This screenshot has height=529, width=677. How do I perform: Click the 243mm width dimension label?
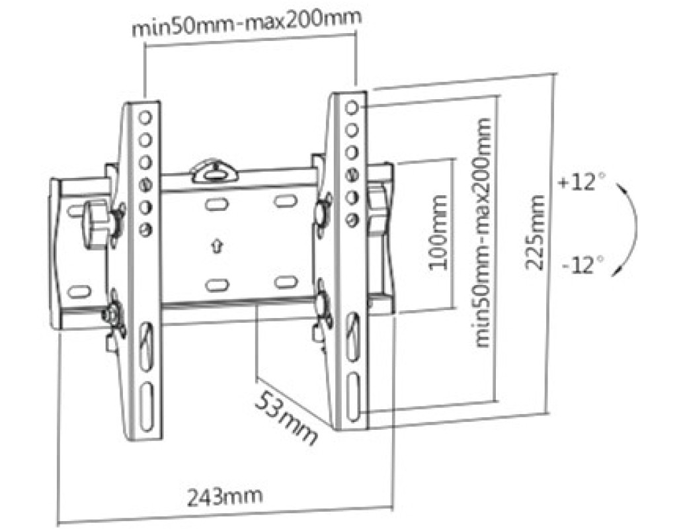pos(225,497)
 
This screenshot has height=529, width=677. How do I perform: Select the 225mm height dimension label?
pos(534,232)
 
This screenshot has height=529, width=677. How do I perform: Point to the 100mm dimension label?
pos(439,232)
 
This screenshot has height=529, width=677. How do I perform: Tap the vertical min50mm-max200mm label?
pos(483,232)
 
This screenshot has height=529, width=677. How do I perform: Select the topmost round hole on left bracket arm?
pos(145,118)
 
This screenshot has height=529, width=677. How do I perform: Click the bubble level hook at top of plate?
pos(214,171)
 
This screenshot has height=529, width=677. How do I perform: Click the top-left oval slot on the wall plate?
pos(217,204)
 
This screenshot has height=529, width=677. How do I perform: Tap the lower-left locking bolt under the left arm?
pos(113,314)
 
